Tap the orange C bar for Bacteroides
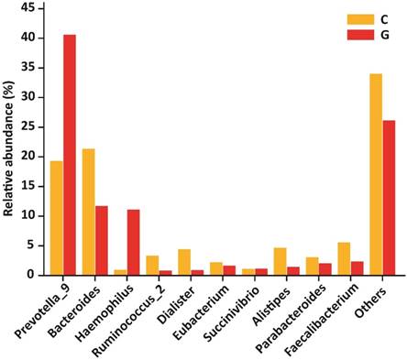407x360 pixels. point(88,211)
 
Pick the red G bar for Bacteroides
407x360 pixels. point(101,239)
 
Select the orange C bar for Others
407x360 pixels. point(376,173)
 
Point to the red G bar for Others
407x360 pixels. point(389,197)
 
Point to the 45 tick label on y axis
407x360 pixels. point(27,8)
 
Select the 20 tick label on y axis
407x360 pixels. point(27,156)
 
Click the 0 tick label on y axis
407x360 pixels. point(31,274)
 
